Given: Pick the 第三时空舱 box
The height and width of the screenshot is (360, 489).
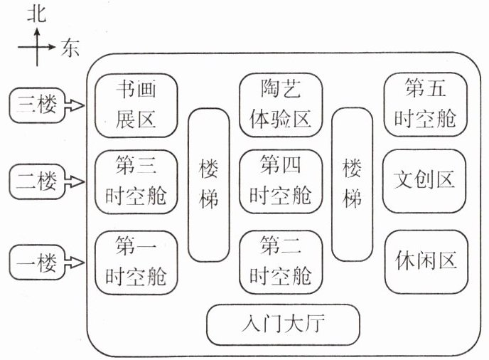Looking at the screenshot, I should (x=136, y=181).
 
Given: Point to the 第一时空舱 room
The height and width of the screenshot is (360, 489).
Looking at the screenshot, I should (x=136, y=259).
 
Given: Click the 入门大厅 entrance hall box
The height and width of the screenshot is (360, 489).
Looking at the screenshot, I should (x=283, y=324).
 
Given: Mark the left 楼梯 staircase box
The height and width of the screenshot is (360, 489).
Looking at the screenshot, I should (x=209, y=184).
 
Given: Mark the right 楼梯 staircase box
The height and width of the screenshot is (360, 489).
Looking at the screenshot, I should (x=353, y=184).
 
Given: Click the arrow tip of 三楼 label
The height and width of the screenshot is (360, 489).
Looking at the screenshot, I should (x=82, y=106).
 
